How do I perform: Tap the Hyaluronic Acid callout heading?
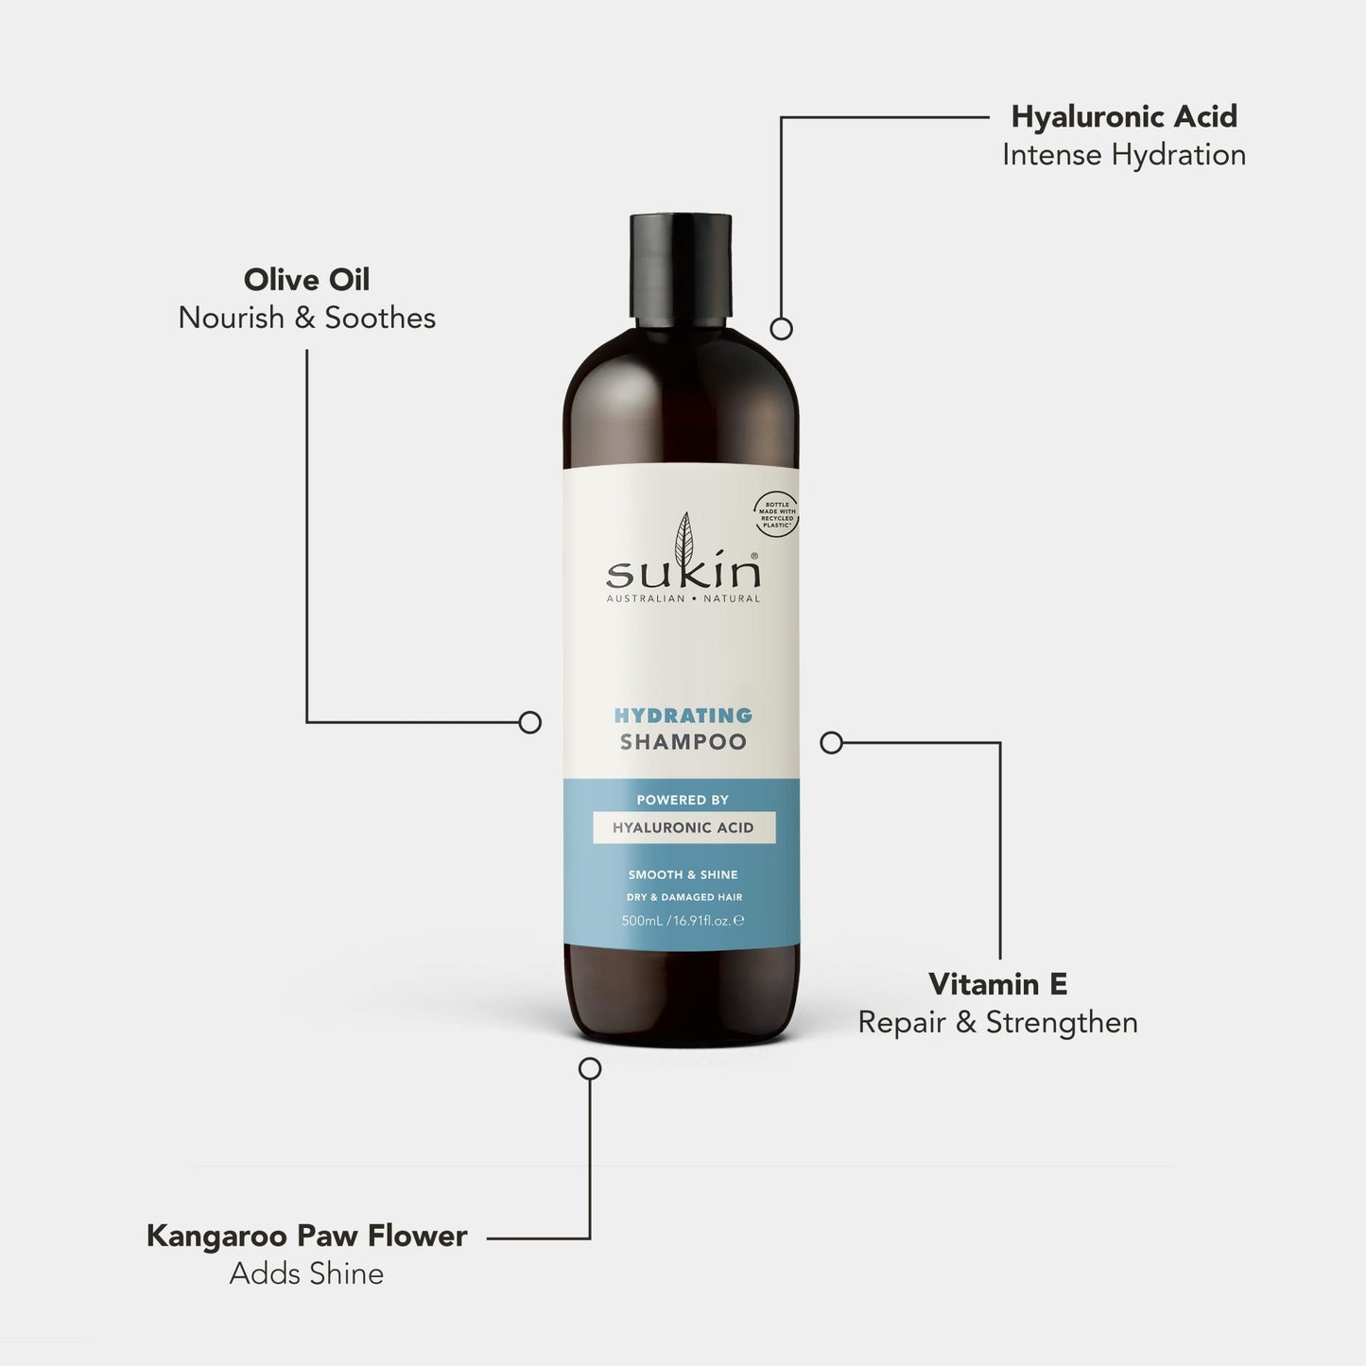(x=1124, y=116)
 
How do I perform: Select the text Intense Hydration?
(x=1124, y=155)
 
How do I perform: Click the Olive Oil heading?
(x=306, y=279)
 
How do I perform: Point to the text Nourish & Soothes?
(x=306, y=318)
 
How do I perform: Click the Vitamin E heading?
(x=997, y=984)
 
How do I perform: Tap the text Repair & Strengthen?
(x=997, y=1023)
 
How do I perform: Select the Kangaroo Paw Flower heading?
(x=306, y=1236)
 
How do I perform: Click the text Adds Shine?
(x=306, y=1274)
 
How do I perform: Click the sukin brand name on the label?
(x=683, y=573)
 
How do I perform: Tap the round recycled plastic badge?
(x=776, y=514)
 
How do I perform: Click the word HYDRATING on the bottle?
(x=683, y=716)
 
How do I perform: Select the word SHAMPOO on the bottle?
(x=683, y=743)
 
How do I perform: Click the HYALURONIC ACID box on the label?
(x=683, y=828)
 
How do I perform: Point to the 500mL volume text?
(x=642, y=921)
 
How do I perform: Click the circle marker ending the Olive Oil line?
(x=530, y=722)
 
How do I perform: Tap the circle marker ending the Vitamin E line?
(x=831, y=743)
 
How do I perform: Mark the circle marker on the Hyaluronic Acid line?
(x=781, y=328)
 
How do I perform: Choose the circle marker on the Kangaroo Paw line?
(x=590, y=1068)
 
